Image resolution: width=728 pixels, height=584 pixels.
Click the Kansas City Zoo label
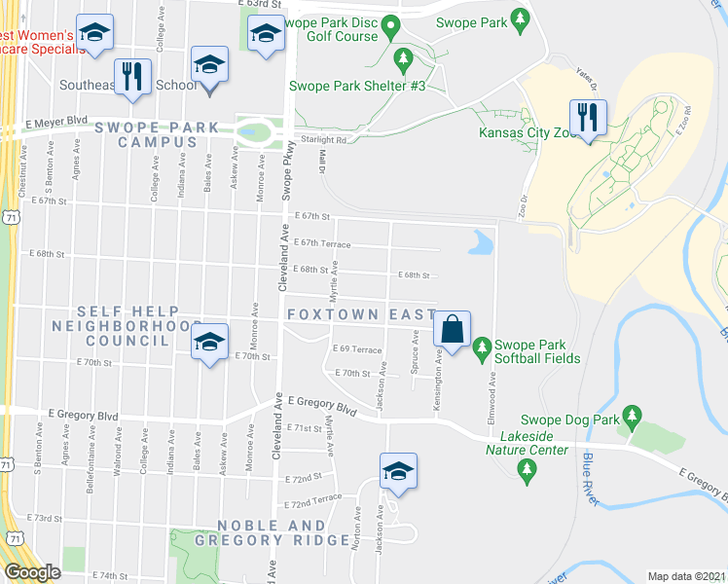pyautogui.click(x=524, y=133)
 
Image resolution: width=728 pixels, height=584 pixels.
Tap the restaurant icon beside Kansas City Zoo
pyautogui.click(x=587, y=117)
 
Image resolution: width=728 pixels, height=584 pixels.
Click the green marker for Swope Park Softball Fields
pyautogui.click(x=481, y=347)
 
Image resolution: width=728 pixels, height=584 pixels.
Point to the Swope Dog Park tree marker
pyautogui.click(x=634, y=418)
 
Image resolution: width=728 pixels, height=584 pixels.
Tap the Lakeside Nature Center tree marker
pyautogui.click(x=528, y=472)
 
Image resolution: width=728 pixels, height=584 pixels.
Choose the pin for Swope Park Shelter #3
pyautogui.click(x=402, y=61)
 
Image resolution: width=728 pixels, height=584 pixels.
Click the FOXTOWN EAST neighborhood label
pyautogui.click(x=361, y=314)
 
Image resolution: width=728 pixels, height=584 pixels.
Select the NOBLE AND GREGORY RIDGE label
pyautogui.click(x=273, y=532)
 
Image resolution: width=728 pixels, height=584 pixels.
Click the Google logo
pyautogui.click(x=32, y=572)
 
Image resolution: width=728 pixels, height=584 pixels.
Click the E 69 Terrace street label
pyautogui.click(x=357, y=348)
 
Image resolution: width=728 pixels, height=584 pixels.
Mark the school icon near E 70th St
pyautogui.click(x=207, y=344)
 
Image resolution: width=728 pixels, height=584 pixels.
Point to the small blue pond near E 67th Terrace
pyautogui.click(x=481, y=242)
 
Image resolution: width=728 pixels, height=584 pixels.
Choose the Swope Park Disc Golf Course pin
pyautogui.click(x=392, y=25)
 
